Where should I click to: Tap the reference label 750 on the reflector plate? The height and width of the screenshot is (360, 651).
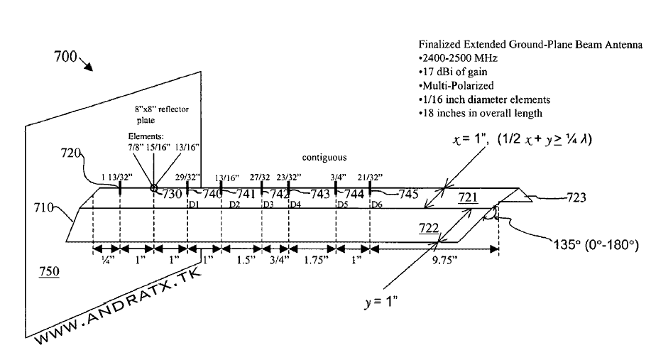point(49,272)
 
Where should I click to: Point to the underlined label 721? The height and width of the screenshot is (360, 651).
point(468,197)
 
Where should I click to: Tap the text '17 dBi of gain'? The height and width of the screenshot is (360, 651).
point(454,72)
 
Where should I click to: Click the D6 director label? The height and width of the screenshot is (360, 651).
point(378,204)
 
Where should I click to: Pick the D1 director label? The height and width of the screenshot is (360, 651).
point(192,204)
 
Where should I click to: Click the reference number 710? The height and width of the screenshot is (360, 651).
point(44,207)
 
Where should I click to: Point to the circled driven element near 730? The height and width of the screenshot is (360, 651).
point(153,188)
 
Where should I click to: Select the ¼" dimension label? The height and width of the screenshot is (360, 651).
point(106,261)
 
